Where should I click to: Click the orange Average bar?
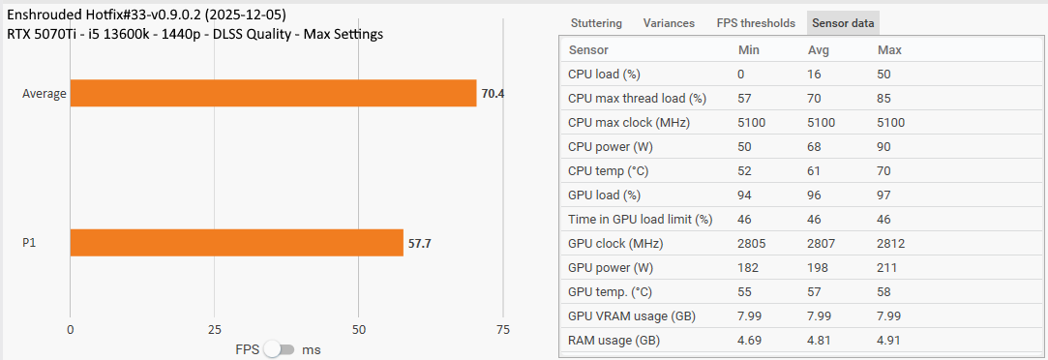coord(273,93)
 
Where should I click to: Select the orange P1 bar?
coord(236,243)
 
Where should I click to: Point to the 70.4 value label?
coord(493,94)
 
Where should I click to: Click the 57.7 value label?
coord(419,243)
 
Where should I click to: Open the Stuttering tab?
coord(596,23)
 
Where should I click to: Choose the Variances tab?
coord(669,23)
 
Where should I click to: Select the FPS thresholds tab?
coord(756,23)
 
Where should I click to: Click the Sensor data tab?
coord(843,23)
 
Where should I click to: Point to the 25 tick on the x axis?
coord(214,329)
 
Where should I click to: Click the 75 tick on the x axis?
coord(502,329)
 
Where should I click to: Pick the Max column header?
coord(889,50)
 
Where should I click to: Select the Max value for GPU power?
coord(887,268)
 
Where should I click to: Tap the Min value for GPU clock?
coord(753,244)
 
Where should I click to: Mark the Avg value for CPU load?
coord(815,75)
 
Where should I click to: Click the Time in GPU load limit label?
coord(640,220)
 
